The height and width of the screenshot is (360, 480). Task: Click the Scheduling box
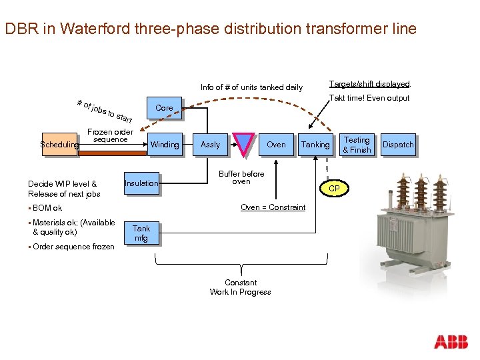tap(60, 144)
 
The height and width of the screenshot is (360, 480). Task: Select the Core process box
tap(163, 108)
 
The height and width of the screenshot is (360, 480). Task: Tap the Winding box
tap(165, 145)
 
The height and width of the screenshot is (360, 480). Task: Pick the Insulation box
tap(141, 183)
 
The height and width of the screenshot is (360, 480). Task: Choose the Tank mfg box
tap(141, 233)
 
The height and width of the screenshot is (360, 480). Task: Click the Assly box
tap(210, 145)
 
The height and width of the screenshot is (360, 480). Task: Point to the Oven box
tap(276, 145)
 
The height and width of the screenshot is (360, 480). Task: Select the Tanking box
tap(315, 145)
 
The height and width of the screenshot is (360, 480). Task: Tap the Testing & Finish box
tap(357, 145)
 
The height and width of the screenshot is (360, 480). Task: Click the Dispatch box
tap(398, 145)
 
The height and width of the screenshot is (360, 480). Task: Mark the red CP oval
tap(334, 189)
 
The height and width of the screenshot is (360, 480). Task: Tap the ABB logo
tap(451, 342)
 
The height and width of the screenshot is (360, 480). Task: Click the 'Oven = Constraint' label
tap(273, 207)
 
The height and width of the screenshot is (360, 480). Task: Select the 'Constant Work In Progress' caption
tap(240, 287)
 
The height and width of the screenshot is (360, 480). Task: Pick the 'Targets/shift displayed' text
tap(369, 84)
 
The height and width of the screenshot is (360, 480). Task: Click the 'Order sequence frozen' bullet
tap(73, 247)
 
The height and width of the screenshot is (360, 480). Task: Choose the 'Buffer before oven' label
tap(241, 177)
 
